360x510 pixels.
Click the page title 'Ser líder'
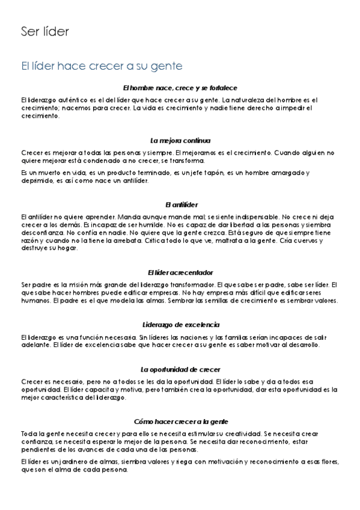point(44,31)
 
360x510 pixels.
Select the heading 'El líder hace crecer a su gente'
point(102,64)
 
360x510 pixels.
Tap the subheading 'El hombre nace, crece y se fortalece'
point(180,88)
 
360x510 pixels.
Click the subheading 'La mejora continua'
point(180,140)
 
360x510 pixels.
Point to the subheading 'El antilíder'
point(180,204)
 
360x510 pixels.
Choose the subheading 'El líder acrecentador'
point(180,272)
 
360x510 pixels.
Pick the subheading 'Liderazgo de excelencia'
point(180,324)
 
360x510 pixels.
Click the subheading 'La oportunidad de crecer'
point(180,369)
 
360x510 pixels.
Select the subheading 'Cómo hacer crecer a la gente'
point(180,421)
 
